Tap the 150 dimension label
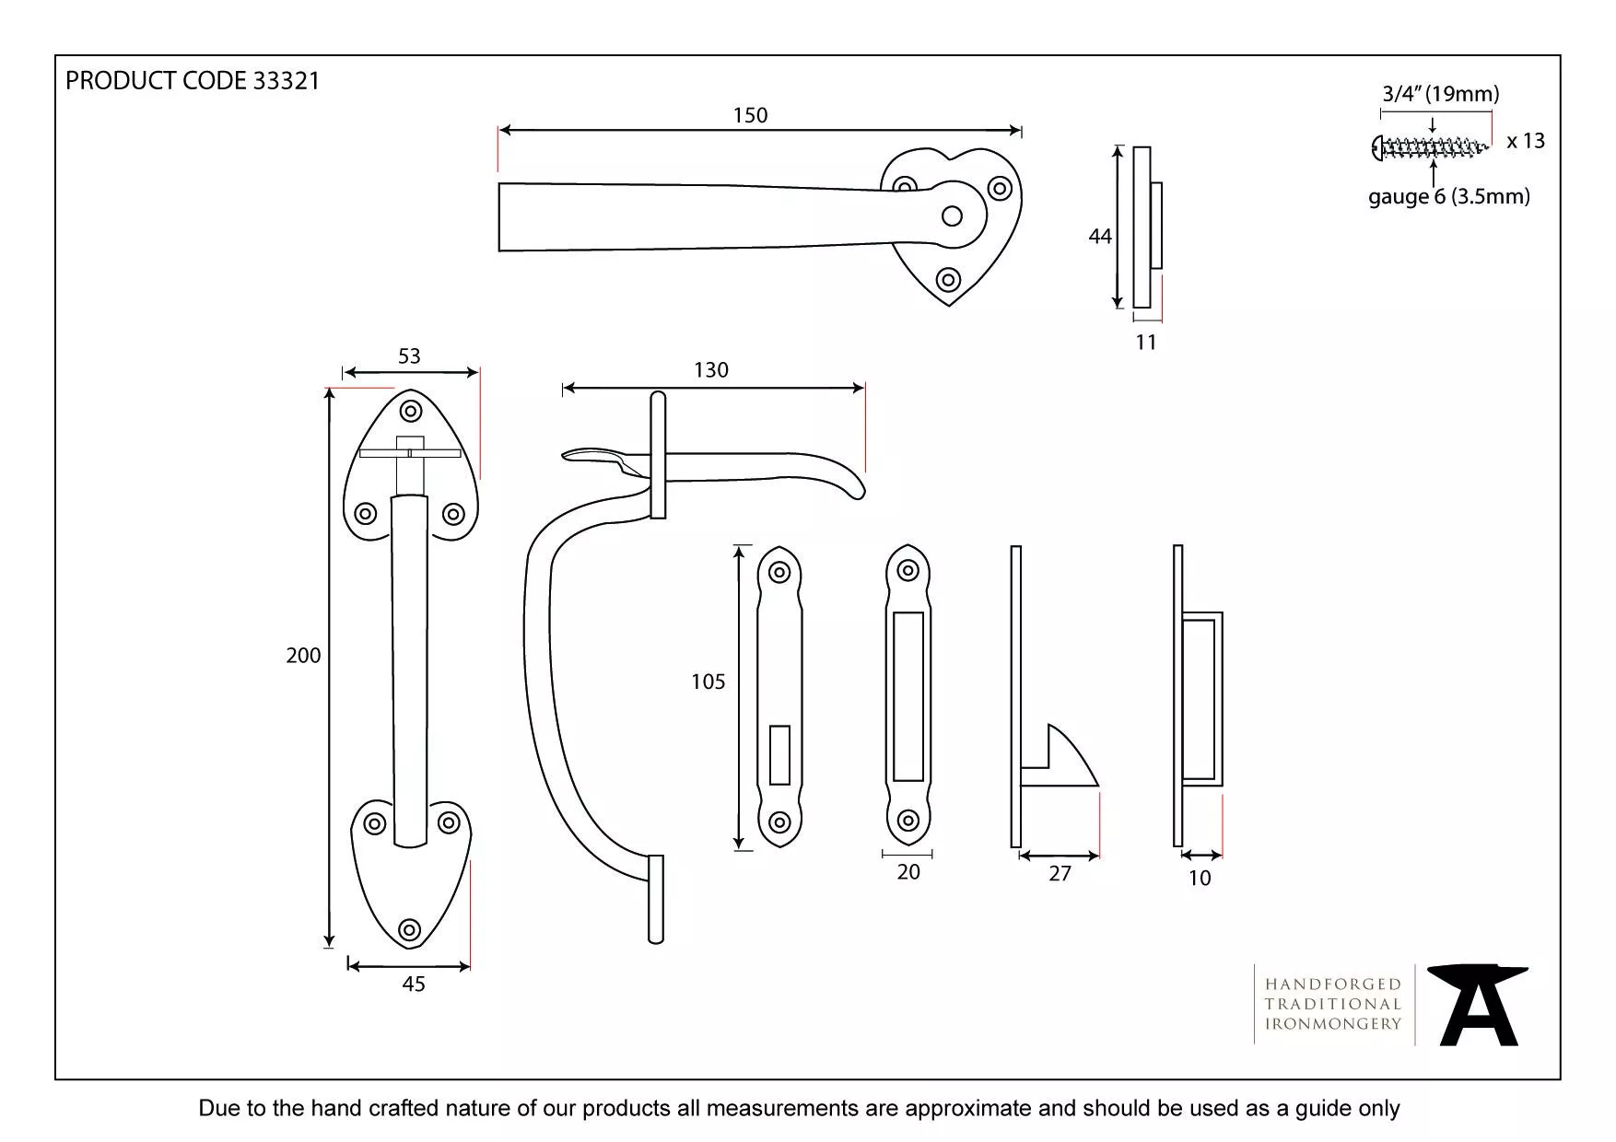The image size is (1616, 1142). click(x=750, y=115)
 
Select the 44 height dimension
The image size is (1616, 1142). click(x=1099, y=237)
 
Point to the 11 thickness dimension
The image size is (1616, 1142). click(x=1145, y=343)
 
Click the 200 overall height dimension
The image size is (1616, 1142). click(x=303, y=656)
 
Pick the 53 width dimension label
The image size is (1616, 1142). click(x=409, y=356)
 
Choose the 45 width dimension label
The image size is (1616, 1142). click(x=414, y=985)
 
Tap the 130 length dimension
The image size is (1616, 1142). click(x=710, y=370)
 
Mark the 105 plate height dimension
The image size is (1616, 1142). click(x=708, y=682)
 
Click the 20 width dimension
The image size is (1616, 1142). click(x=908, y=872)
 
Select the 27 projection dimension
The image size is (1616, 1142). click(x=1060, y=874)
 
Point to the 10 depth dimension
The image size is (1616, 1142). click(x=1199, y=879)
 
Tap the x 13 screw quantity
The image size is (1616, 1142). click(x=1526, y=141)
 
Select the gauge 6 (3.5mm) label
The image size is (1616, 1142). click(x=1448, y=196)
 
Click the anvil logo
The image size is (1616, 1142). click(x=1478, y=1005)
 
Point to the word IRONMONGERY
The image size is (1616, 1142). click(x=1332, y=1023)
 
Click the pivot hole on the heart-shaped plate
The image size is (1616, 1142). click(x=952, y=216)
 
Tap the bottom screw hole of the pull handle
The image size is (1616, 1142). click(x=410, y=929)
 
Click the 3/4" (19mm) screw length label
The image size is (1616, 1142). click(x=1440, y=94)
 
